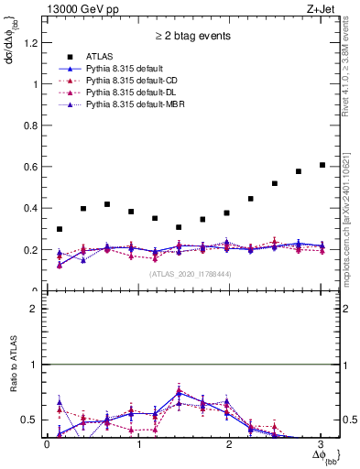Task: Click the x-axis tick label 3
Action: (321, 444)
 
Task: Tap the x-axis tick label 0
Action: (47, 444)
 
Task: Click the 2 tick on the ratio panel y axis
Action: (37, 309)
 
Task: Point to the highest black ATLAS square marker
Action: (322, 165)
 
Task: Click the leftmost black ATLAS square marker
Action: (60, 229)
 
